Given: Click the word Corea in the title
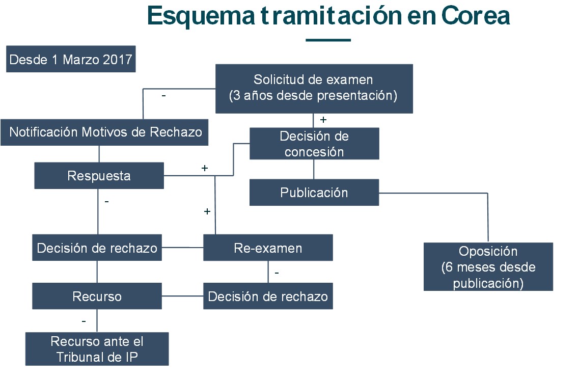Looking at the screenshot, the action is [476, 16].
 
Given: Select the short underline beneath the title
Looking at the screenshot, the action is [328, 40].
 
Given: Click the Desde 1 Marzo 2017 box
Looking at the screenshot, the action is [71, 59].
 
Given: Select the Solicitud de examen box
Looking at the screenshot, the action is [314, 89].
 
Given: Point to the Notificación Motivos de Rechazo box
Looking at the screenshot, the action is [104, 132].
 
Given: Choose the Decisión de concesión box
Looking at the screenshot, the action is [314, 144].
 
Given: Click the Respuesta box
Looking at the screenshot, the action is [99, 176].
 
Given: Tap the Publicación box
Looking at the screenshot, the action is [314, 193].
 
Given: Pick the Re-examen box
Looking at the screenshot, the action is [268, 248].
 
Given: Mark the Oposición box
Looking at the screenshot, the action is [488, 267].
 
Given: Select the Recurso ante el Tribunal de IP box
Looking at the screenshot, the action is [97, 349].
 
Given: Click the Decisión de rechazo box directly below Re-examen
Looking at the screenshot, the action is [268, 296].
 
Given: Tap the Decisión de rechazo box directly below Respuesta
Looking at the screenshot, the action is [97, 248].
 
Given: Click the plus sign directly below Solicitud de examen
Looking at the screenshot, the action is [323, 120].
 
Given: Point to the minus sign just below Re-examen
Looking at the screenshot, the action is [277, 273].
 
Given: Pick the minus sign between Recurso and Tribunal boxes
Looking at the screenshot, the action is [84, 321].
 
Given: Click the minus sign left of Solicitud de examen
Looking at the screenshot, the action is [163, 96].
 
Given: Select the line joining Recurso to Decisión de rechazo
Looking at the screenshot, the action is [182, 296].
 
